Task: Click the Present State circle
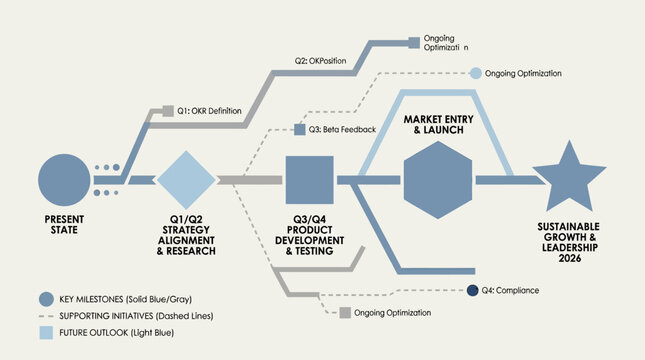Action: pos(64,180)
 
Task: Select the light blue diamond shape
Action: pos(186,180)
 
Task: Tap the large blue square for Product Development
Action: pos(309,180)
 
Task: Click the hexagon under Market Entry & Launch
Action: pos(438,180)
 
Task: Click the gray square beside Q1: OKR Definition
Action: pos(168,111)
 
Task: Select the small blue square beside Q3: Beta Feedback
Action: pos(300,130)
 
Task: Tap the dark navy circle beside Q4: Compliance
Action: pos(473,290)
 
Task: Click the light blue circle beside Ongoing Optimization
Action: pos(476,73)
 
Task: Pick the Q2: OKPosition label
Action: pos(320,61)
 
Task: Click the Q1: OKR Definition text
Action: pos(209,111)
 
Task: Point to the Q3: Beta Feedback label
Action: pos(342,130)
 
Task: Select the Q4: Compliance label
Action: pos(510,290)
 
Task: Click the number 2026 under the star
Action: pos(570,258)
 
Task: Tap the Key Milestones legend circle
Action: pos(46,299)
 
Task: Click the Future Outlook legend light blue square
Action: pos(46,332)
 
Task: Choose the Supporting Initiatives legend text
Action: pos(136,316)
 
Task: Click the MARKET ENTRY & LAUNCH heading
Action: pos(439,125)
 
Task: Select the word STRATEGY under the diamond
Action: pos(186,230)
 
